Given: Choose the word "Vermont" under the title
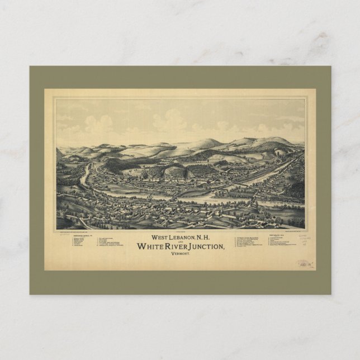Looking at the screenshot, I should point(180,255).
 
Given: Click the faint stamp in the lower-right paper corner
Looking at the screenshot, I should point(303,263).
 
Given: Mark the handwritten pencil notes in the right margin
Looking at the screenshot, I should point(304,240).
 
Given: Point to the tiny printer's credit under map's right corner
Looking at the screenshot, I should point(291,231).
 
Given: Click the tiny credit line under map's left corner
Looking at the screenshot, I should point(84,231).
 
